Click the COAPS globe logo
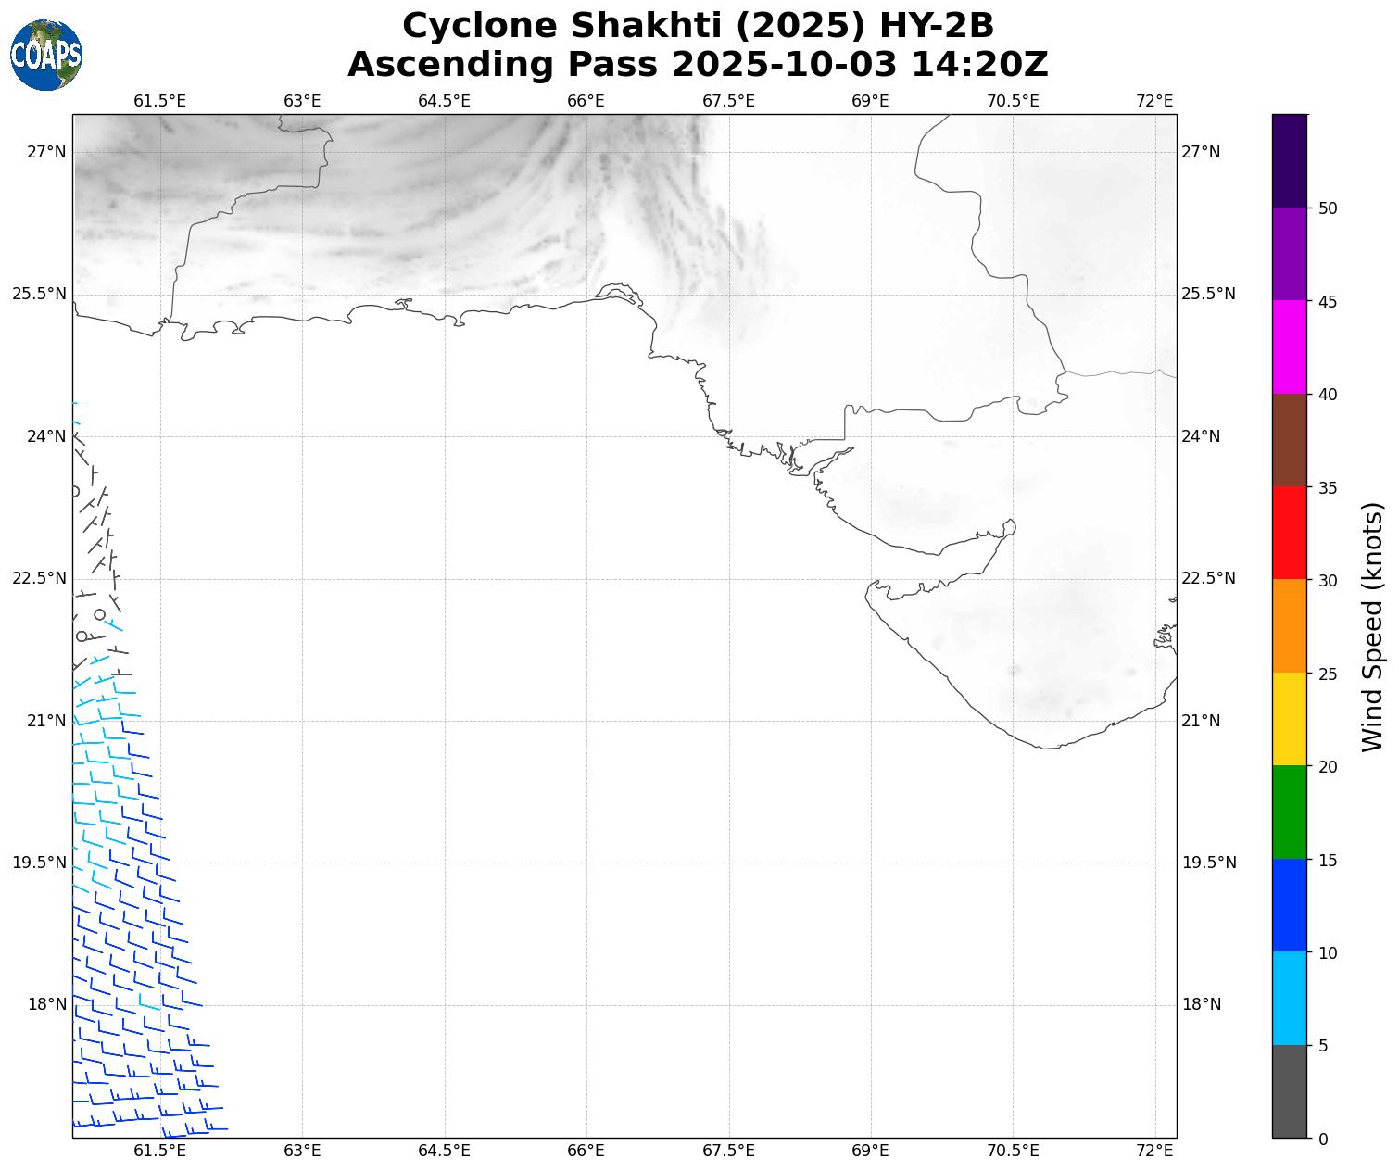(x=46, y=56)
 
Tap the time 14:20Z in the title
(x=979, y=65)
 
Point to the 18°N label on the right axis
(x=1202, y=1005)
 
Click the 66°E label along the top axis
(x=586, y=101)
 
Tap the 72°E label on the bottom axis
(x=1154, y=1151)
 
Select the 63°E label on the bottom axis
(x=302, y=1151)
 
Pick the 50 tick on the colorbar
(x=1328, y=208)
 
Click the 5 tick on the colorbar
(x=1323, y=1046)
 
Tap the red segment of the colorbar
(x=1289, y=533)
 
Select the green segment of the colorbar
(x=1289, y=812)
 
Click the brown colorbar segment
(x=1289, y=440)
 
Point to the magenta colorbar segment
(x=1289, y=347)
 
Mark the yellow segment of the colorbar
(x=1289, y=719)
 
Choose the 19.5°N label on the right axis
(x=1208, y=863)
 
